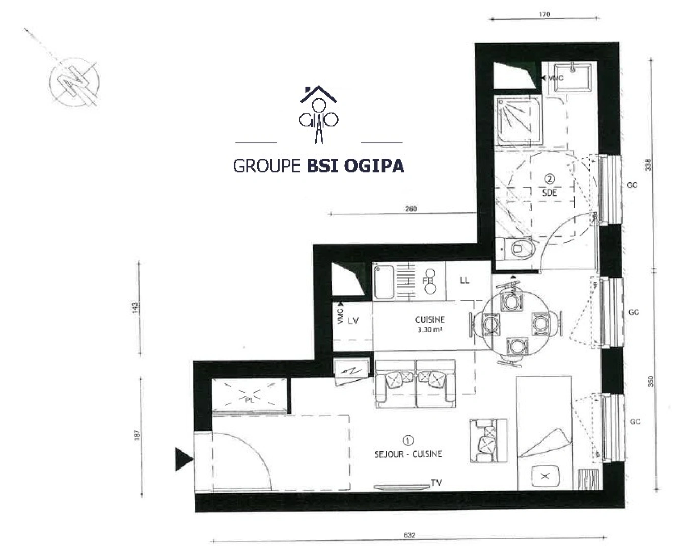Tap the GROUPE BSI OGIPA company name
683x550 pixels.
(318, 166)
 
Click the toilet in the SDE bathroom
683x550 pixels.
(517, 249)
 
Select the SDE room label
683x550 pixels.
(549, 193)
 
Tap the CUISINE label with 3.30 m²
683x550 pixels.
(429, 324)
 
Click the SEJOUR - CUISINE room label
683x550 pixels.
(408, 453)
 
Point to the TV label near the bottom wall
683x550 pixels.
(436, 483)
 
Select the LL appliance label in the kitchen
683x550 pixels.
(464, 281)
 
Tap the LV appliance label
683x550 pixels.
(353, 321)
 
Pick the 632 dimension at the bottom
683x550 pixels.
(409, 535)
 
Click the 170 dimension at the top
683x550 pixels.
(544, 14)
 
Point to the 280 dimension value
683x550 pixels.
(411, 208)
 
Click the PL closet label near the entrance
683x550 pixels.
(250, 400)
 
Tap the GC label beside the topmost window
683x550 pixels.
(632, 185)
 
